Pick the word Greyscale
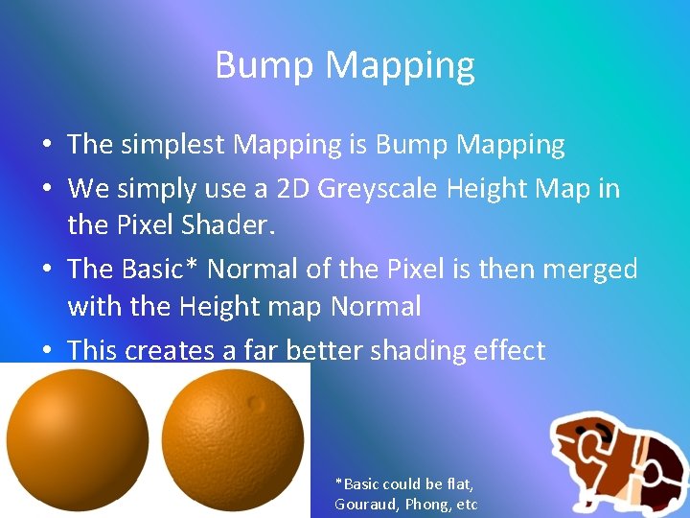(x=380, y=189)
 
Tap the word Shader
(x=206, y=227)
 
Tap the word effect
(x=509, y=351)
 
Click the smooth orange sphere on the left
(x=78, y=439)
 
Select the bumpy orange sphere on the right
(x=235, y=440)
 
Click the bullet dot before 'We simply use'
(x=46, y=189)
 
